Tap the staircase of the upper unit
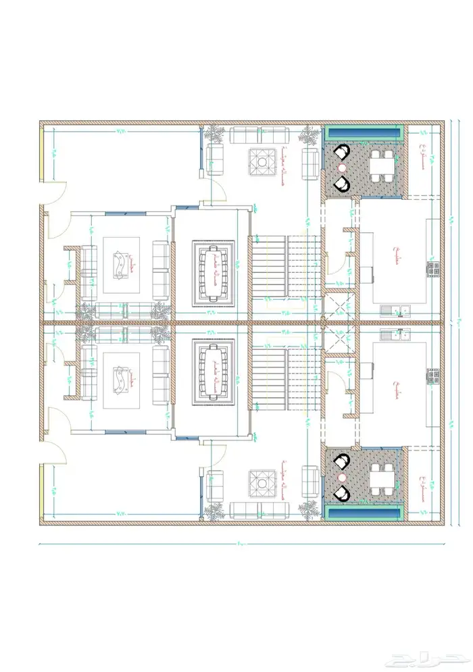pos(284,266)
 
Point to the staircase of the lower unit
pos(284,378)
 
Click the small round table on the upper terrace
pos(342,167)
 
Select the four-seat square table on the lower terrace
pos(382,482)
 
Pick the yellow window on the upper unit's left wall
pos(41,155)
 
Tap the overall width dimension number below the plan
pos(241,544)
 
